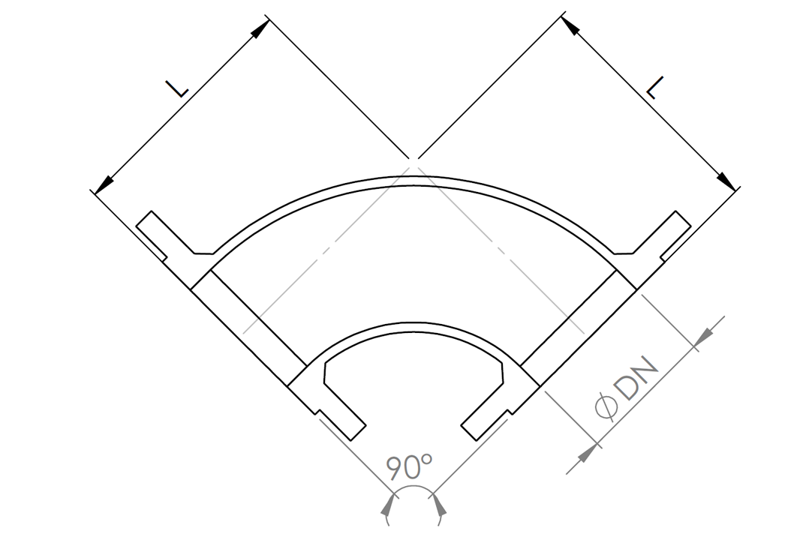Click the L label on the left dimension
click(x=177, y=88)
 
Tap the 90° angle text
click(x=409, y=466)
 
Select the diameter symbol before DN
click(x=606, y=406)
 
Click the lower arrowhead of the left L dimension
click(x=104, y=183)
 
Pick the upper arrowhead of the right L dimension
click(x=569, y=24)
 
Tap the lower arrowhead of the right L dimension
click(x=726, y=181)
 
